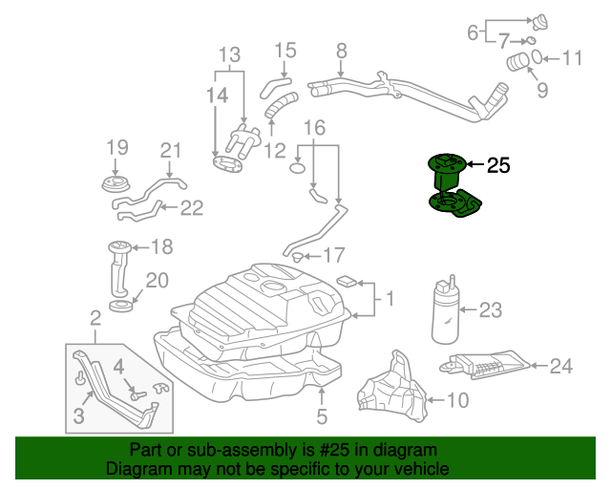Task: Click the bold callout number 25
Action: click(498, 166)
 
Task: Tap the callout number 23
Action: click(490, 309)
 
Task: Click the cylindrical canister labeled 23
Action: click(445, 310)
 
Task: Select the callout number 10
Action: click(458, 400)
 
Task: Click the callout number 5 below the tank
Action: click(322, 416)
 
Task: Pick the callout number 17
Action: click(332, 255)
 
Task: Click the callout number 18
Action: click(161, 247)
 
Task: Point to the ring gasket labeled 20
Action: click(121, 305)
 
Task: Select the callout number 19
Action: click(116, 147)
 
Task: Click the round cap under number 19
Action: click(116, 181)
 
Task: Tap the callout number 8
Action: click(341, 51)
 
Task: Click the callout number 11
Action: click(571, 58)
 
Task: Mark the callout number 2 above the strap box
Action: click(95, 317)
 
